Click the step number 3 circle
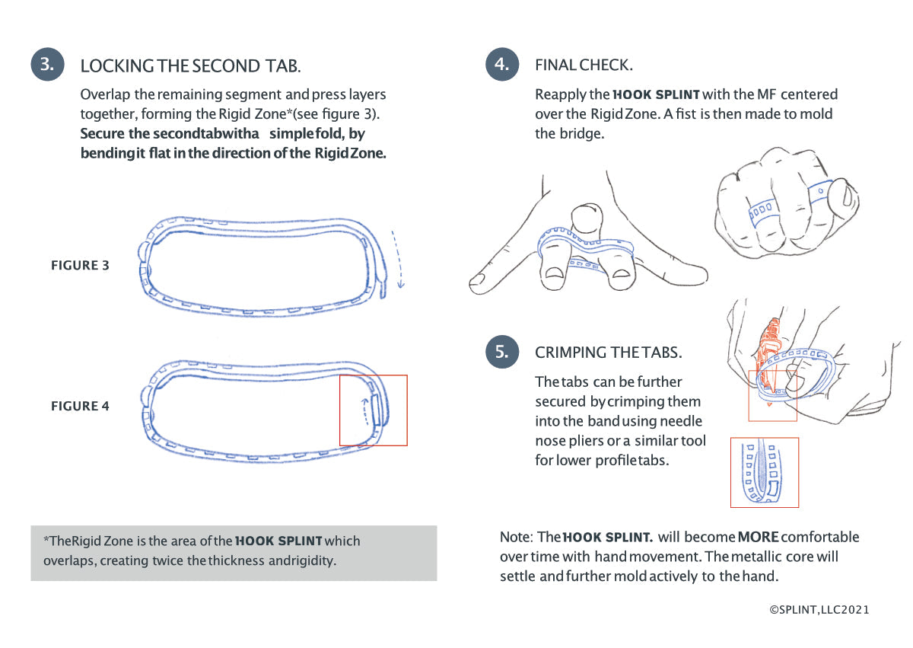(x=47, y=64)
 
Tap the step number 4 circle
(x=501, y=64)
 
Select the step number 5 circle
(x=501, y=351)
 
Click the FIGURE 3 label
(x=80, y=266)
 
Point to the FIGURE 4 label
(x=80, y=407)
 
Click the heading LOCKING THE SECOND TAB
(x=190, y=65)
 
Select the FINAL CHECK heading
(x=584, y=65)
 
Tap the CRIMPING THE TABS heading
(x=609, y=353)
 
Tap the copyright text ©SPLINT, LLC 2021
(x=819, y=610)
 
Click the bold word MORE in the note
(x=758, y=537)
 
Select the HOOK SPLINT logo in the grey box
(x=279, y=541)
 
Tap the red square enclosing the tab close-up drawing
(x=764, y=472)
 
